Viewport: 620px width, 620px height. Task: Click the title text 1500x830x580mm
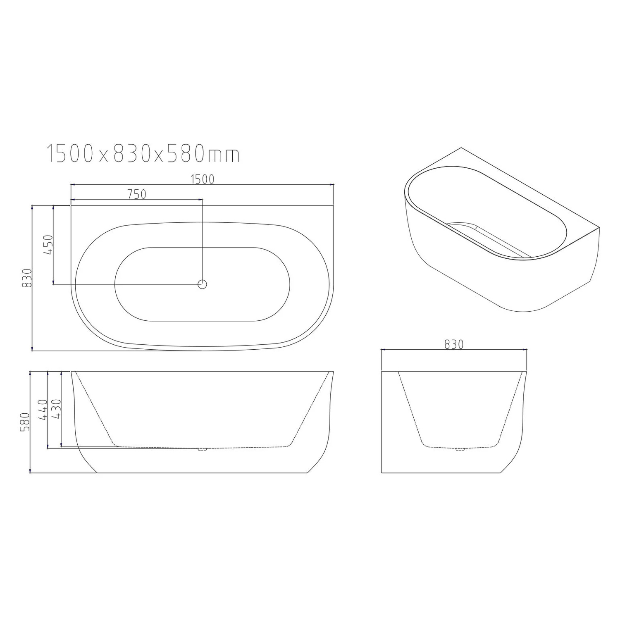click(x=143, y=154)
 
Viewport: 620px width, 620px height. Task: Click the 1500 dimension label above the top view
click(x=202, y=179)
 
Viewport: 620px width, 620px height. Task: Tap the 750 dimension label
click(x=137, y=194)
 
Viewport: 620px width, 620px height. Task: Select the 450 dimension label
click(x=48, y=245)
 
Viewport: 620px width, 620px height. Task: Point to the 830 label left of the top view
click(x=27, y=278)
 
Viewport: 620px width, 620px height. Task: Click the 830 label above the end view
click(x=454, y=344)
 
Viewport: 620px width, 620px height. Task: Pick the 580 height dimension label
click(x=26, y=422)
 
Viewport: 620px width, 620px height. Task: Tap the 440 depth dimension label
click(x=43, y=410)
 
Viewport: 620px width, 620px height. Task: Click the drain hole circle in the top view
click(x=202, y=284)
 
